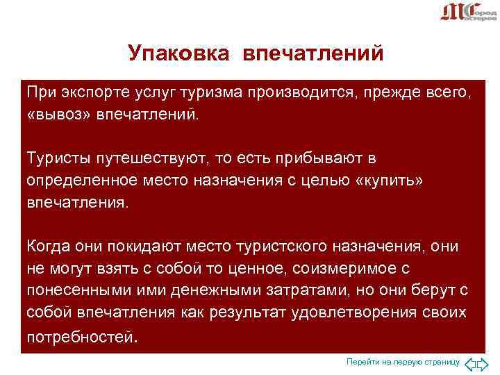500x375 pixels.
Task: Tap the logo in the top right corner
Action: [468, 12]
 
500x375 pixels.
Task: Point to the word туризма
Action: [196, 92]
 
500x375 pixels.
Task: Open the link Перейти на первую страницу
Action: [403, 362]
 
